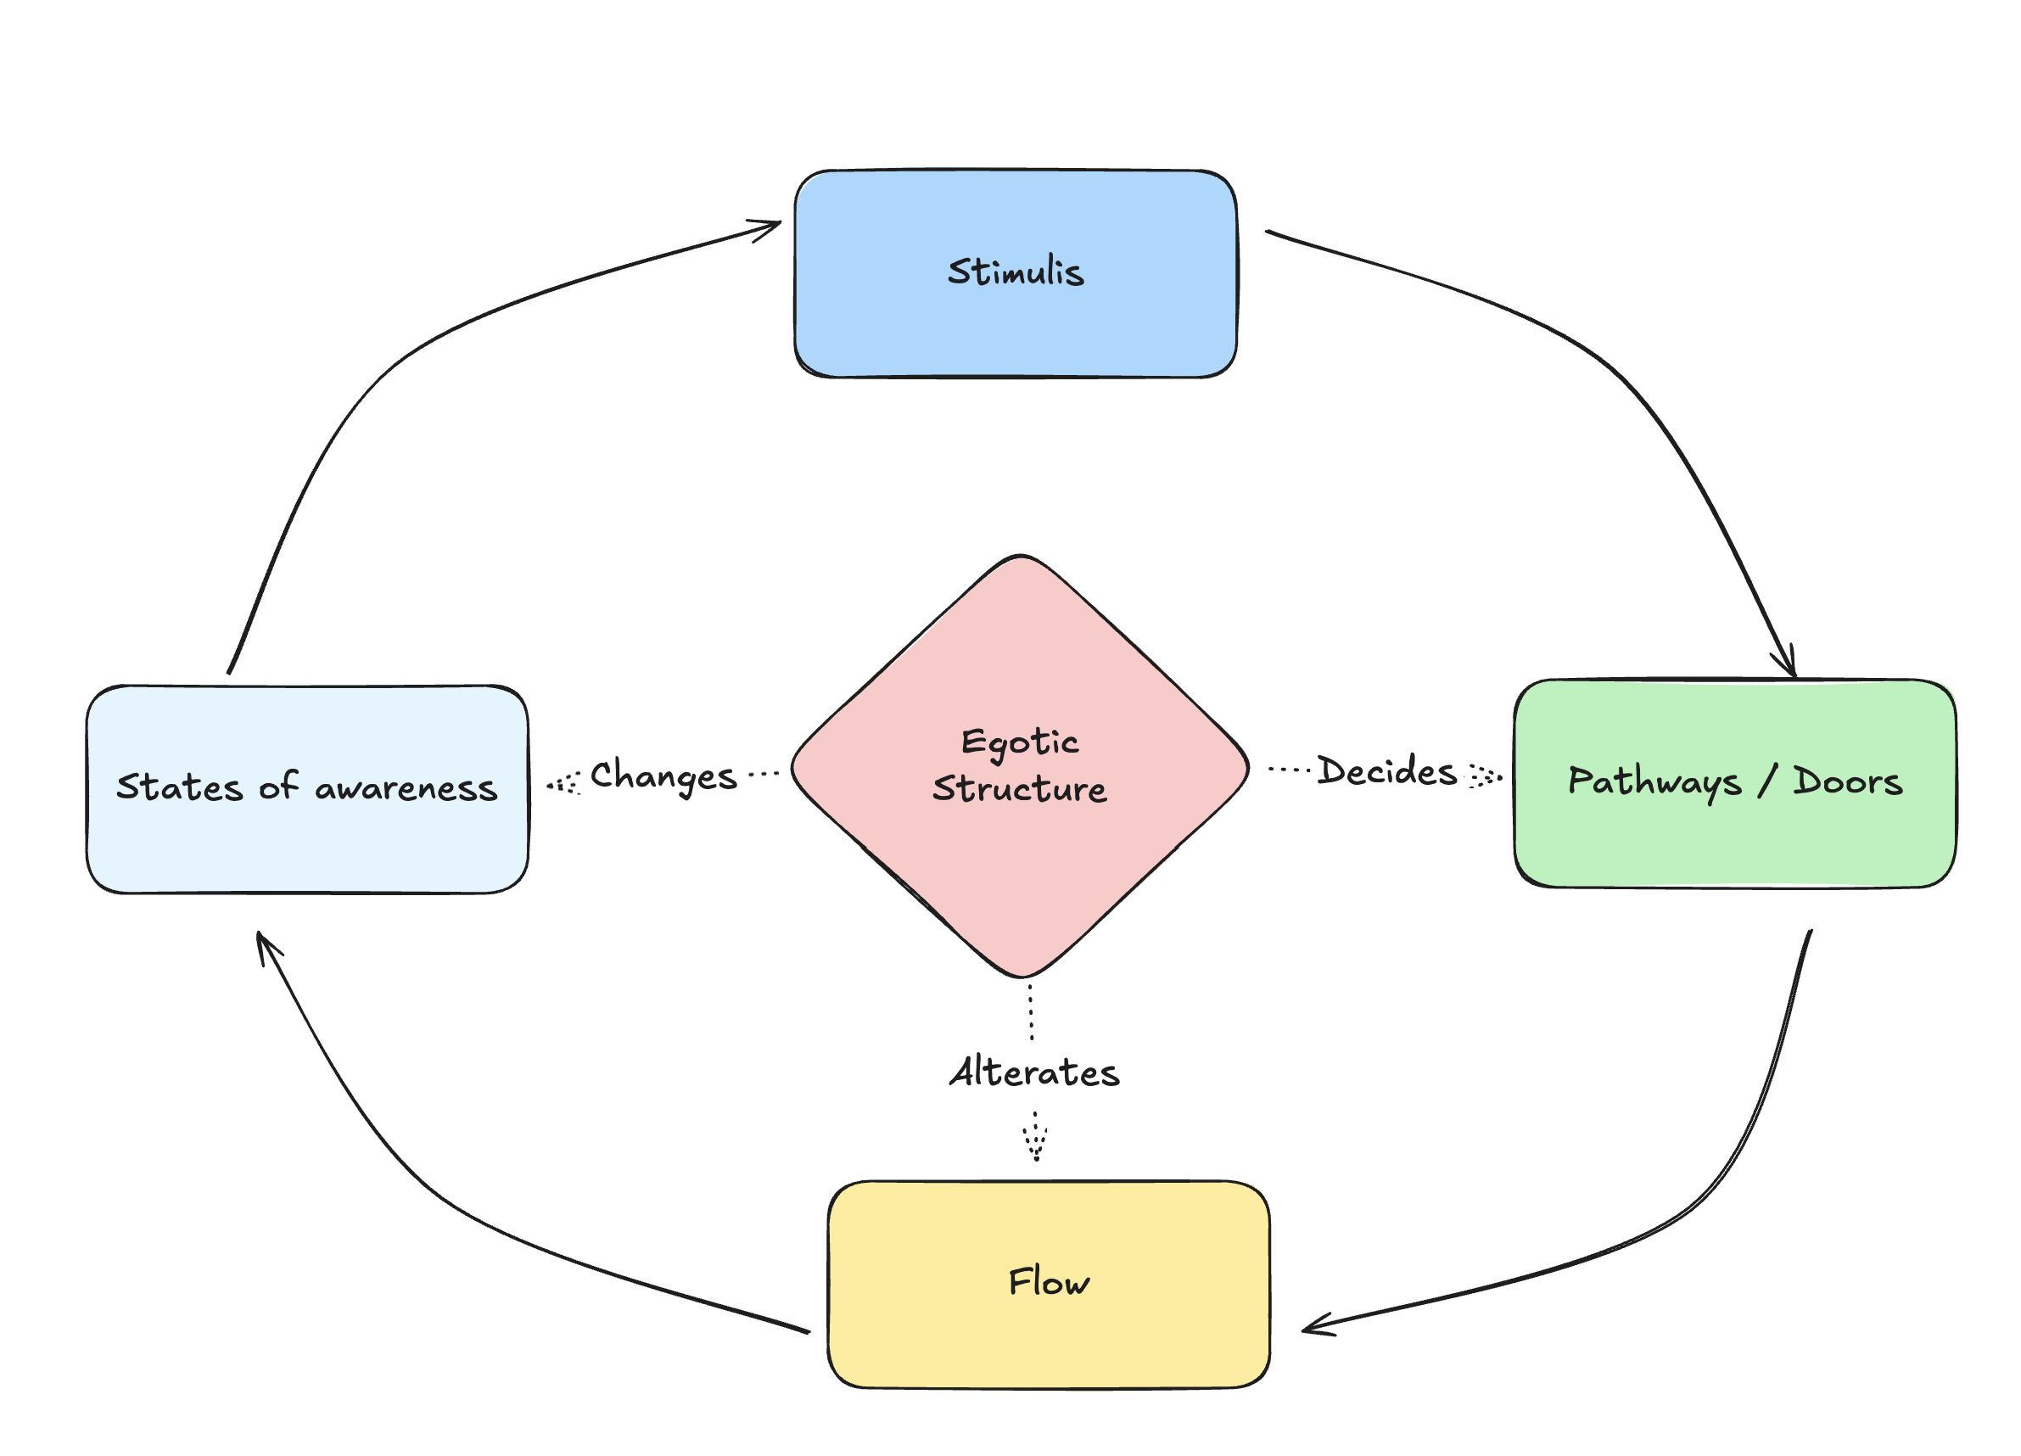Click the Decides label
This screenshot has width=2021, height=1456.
tap(1386, 771)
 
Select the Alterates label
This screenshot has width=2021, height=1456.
tap(1034, 1072)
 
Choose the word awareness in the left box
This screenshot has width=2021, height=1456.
tap(406, 788)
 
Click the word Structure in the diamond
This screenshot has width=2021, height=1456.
tap(1021, 789)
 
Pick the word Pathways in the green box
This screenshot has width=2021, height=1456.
tap(1654, 782)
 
